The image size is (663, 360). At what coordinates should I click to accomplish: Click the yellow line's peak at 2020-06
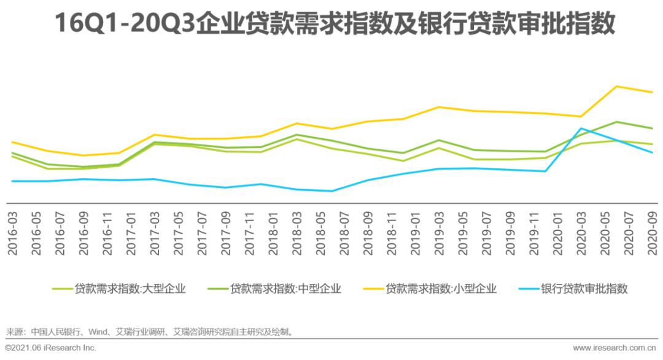616,86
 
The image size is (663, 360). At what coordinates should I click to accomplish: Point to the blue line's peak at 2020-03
580,128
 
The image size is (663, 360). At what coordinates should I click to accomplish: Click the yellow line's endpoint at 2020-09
652,92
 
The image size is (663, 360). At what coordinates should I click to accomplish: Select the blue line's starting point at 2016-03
12,181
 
